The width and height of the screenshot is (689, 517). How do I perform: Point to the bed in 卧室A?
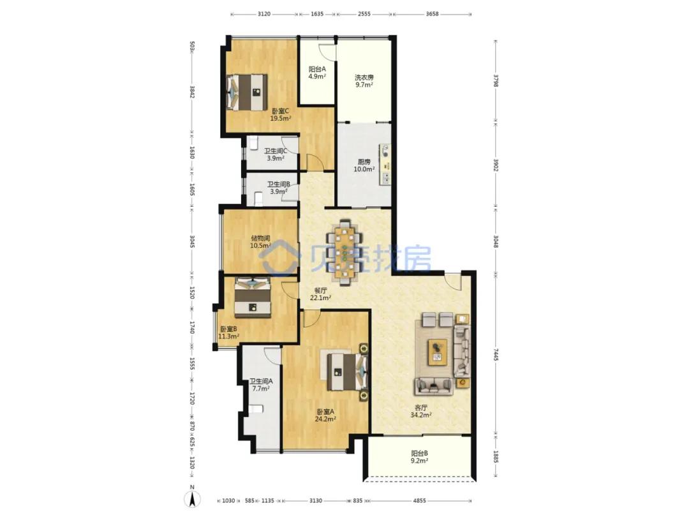click(x=346, y=372)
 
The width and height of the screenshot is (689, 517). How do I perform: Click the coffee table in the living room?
click(x=438, y=352)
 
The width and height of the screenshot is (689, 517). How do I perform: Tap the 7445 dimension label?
click(x=496, y=356)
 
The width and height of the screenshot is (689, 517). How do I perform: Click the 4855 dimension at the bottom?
click(x=420, y=500)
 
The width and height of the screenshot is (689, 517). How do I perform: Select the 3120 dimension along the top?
click(x=263, y=13)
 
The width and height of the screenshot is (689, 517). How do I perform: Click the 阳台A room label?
click(x=317, y=69)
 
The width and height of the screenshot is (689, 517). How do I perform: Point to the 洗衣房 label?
click(x=364, y=77)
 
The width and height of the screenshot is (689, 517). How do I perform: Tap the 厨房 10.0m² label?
click(x=364, y=165)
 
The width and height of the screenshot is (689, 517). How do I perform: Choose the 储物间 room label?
click(x=260, y=238)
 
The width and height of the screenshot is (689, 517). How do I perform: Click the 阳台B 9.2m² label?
click(x=420, y=457)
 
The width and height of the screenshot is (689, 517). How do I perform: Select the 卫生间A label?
click(x=261, y=382)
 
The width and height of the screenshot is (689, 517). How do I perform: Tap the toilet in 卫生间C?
click(x=253, y=143)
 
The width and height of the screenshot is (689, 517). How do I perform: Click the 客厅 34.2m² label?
click(x=420, y=411)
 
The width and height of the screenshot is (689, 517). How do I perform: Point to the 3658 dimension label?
click(x=433, y=13)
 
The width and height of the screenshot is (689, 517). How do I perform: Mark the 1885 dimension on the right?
click(x=496, y=457)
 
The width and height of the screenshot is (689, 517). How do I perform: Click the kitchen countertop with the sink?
click(x=385, y=164)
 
